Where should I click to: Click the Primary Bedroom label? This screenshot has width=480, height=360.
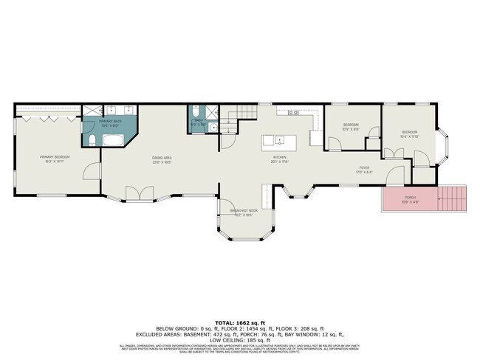[x=55, y=159]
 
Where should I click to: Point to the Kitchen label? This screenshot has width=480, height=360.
[x=280, y=159]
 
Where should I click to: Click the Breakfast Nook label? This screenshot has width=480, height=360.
[x=244, y=212]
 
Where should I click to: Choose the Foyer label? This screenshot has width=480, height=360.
[x=364, y=170]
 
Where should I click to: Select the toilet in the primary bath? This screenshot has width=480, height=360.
[x=89, y=142]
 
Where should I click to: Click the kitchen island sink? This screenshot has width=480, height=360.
[x=279, y=139]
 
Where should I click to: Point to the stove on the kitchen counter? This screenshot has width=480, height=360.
[x=292, y=113]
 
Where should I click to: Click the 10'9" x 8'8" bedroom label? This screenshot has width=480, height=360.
[x=350, y=127]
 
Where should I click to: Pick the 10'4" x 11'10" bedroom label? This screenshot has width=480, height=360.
[x=408, y=134]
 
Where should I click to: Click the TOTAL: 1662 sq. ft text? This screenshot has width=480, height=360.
[x=239, y=322]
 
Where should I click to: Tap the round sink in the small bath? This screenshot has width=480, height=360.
[x=213, y=126]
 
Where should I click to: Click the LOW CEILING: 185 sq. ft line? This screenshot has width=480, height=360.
[x=239, y=339]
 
